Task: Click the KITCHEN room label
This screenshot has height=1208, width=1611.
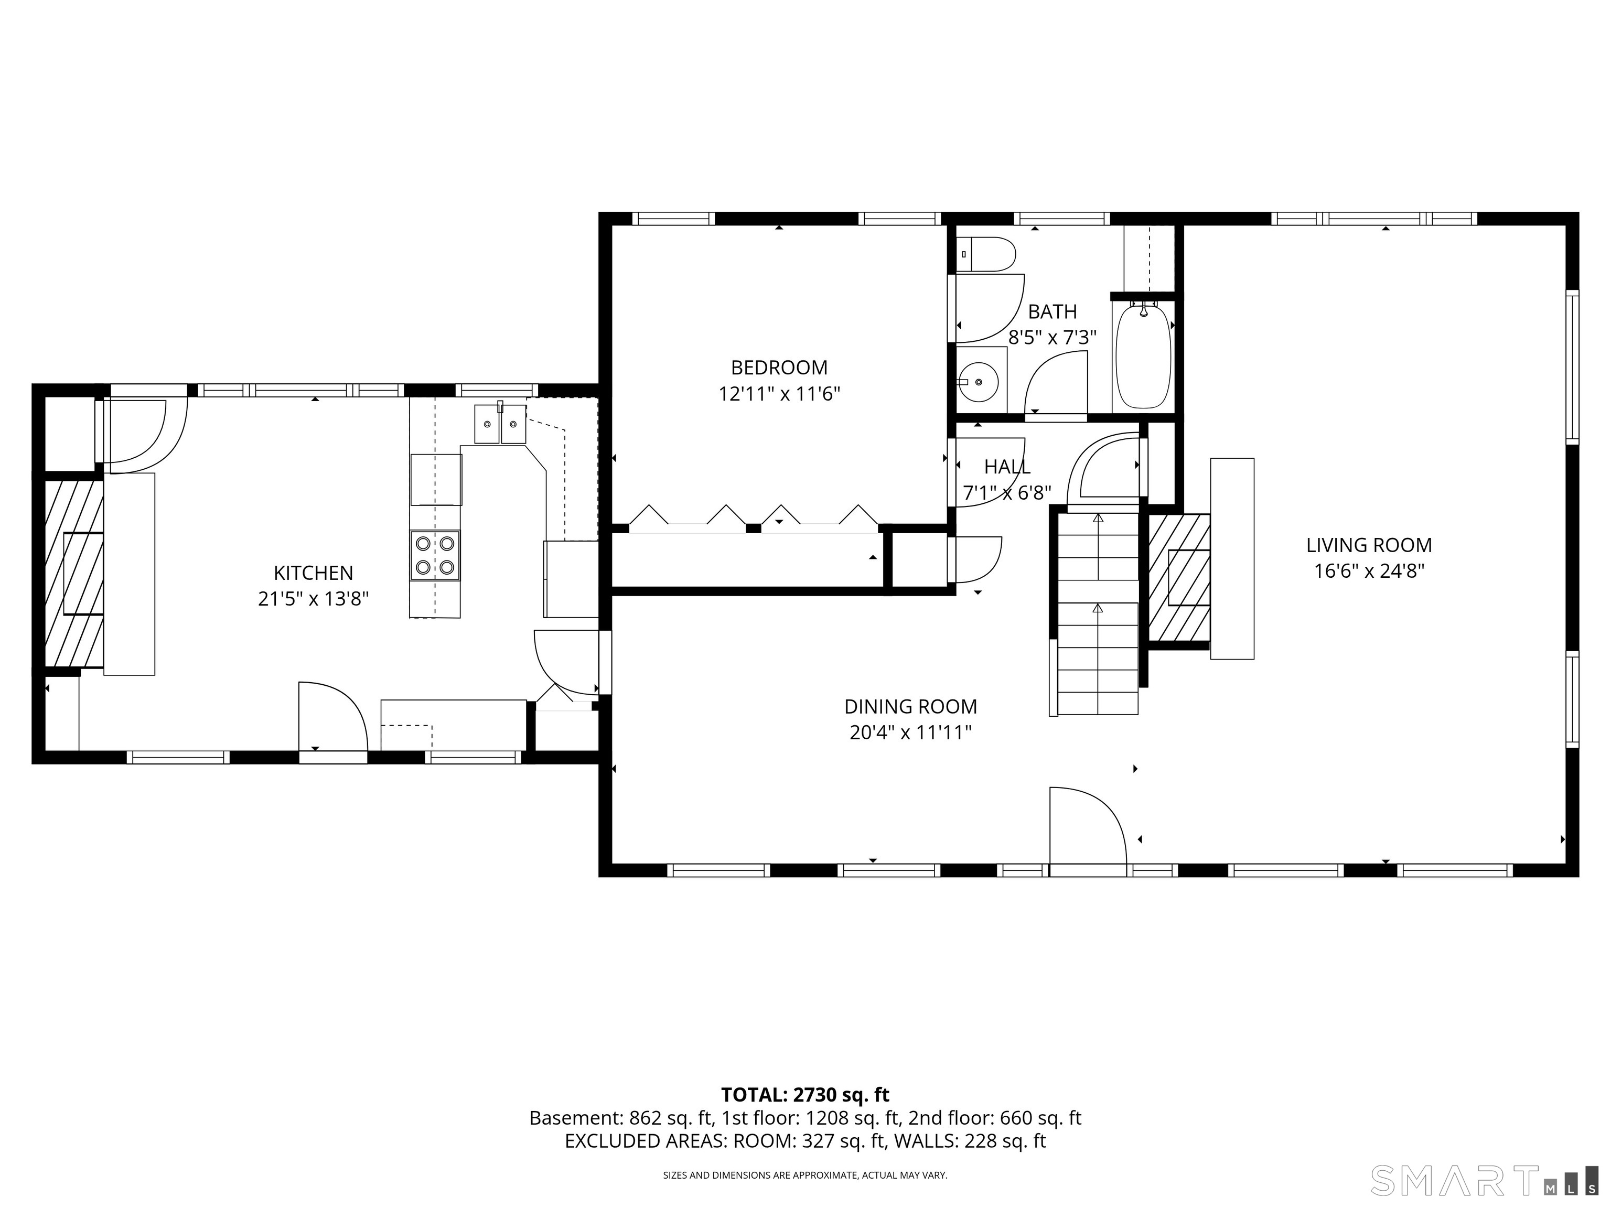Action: (313, 573)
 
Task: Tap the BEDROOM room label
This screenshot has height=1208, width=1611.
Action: (779, 367)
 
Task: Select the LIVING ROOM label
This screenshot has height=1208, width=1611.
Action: (1369, 545)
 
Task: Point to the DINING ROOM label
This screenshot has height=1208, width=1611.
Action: (910, 706)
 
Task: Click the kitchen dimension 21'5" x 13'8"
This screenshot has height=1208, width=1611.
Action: (313, 599)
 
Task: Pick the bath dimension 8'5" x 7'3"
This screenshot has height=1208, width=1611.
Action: (1052, 338)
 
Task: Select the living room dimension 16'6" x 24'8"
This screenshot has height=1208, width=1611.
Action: (1369, 571)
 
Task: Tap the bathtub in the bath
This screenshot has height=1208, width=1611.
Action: (1143, 356)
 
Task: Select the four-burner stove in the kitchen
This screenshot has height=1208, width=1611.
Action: (435, 555)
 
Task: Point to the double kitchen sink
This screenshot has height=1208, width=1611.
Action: (500, 424)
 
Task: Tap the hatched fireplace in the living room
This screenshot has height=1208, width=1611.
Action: (1179, 577)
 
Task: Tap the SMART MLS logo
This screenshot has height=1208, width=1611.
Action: (1484, 1180)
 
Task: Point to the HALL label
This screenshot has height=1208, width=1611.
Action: (1007, 467)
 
